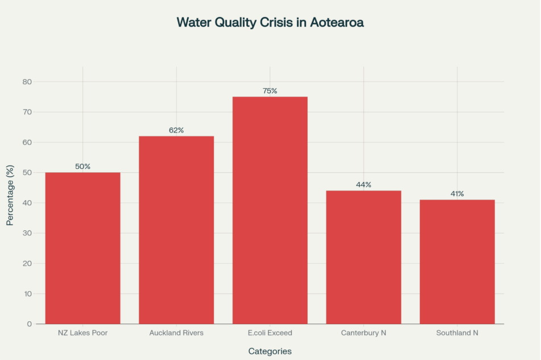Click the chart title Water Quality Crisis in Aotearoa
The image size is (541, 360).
pos(270,23)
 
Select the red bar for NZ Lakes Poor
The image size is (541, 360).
pos(82,248)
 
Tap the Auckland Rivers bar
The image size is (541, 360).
pos(176,230)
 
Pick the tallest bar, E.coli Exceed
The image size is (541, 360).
pos(270,210)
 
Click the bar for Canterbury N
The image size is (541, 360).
pos(364,257)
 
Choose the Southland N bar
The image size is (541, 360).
pos(457,262)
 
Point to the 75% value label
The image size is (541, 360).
pos(270,91)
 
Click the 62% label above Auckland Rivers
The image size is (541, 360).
pos(176,130)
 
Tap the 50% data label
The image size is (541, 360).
pos(82,167)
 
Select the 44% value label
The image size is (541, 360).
pos(364,185)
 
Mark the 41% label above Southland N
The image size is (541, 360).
pos(457,194)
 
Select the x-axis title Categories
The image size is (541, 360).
pos(270,351)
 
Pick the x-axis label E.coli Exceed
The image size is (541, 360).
pos(270,333)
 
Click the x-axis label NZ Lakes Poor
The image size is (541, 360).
pos(82,333)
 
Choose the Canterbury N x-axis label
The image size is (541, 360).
pos(364,333)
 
